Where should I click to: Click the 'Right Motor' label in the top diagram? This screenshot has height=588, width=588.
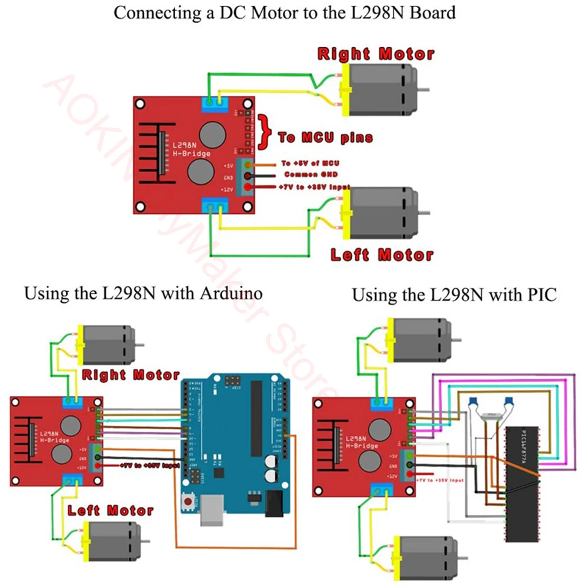[x=376, y=54]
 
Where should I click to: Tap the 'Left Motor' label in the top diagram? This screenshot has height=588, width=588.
[x=382, y=255]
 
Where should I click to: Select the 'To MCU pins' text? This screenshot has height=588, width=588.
[x=325, y=138]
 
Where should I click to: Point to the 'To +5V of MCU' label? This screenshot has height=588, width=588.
[x=310, y=163]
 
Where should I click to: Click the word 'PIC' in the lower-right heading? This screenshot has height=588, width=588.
[x=539, y=295]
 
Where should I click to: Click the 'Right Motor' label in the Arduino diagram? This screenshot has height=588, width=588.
[x=131, y=375]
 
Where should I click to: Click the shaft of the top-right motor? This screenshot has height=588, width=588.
[x=423, y=89]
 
